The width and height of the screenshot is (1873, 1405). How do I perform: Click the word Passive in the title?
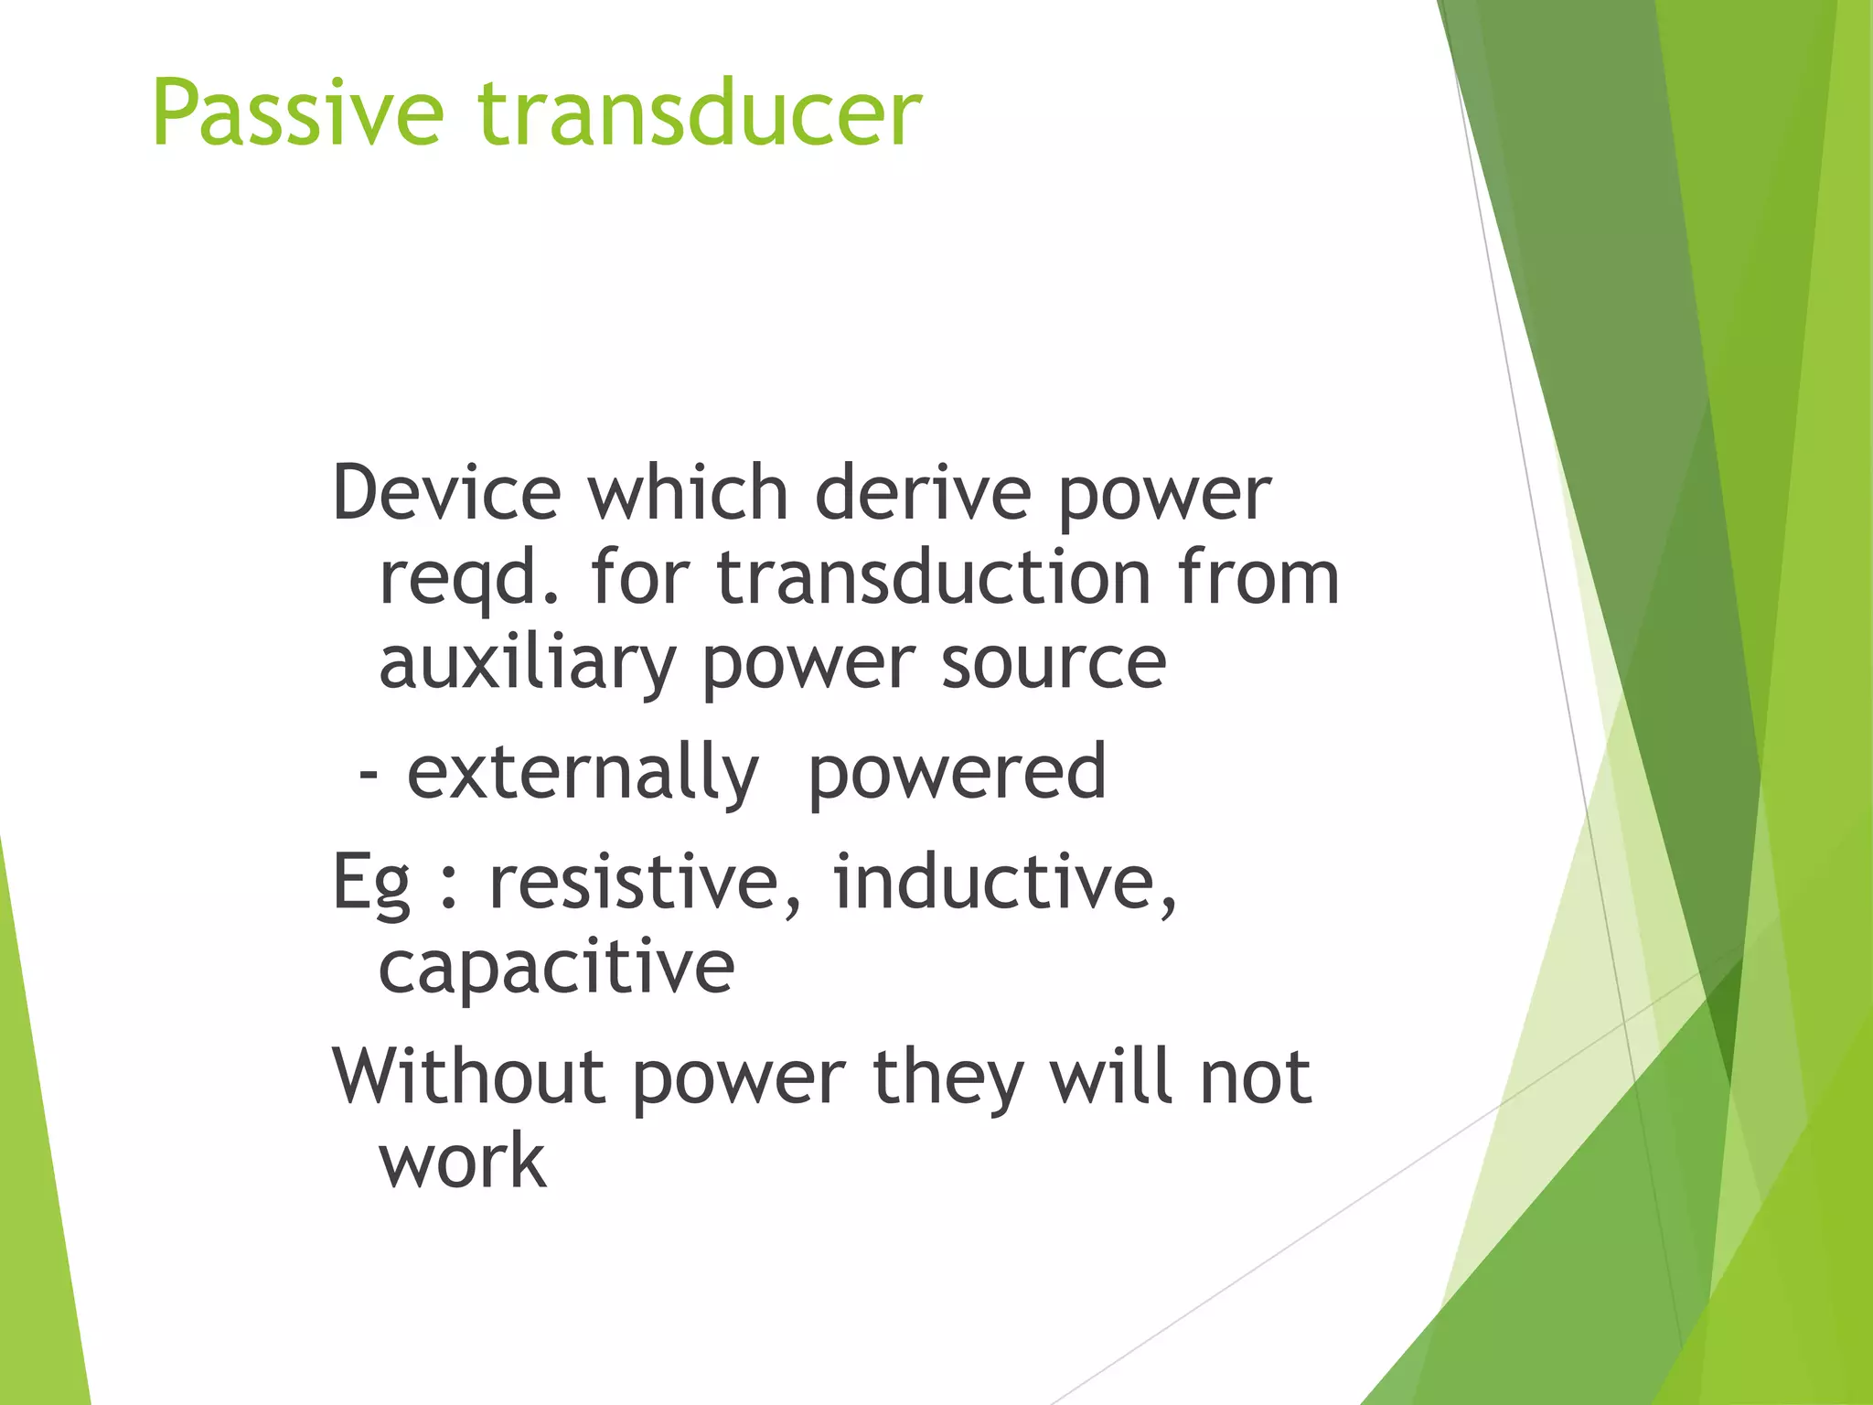[298, 113]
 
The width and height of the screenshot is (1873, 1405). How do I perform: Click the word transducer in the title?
[700, 113]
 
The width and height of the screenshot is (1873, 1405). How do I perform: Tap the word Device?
[445, 493]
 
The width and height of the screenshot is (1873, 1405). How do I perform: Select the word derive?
[923, 493]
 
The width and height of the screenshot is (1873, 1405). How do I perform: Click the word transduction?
[933, 578]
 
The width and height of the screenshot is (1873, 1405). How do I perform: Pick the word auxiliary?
[527, 664]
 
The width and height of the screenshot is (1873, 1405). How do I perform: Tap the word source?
[1054, 664]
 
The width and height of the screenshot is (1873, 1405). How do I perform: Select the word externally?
[583, 774]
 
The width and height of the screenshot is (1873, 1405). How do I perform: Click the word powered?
[957, 774]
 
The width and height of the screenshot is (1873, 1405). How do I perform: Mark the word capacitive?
[556, 968]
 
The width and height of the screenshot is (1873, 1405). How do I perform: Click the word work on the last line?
[463, 1162]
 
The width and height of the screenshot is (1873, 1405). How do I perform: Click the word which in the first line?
[688, 493]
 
